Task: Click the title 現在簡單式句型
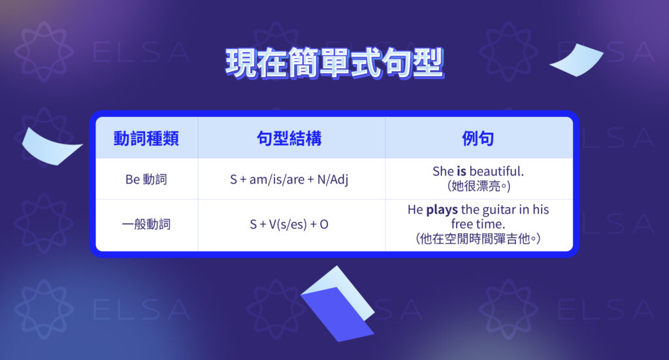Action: [334, 64]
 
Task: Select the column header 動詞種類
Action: [146, 139]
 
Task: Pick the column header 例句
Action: [478, 139]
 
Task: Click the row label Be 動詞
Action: [146, 179]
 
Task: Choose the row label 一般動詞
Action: [146, 224]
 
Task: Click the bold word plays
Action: [442, 210]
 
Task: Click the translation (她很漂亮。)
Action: [478, 186]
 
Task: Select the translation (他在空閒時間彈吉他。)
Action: [478, 239]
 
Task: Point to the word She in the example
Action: [442, 171]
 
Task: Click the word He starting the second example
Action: [415, 210]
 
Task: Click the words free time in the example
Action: [478, 224]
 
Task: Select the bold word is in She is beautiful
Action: [461, 171]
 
